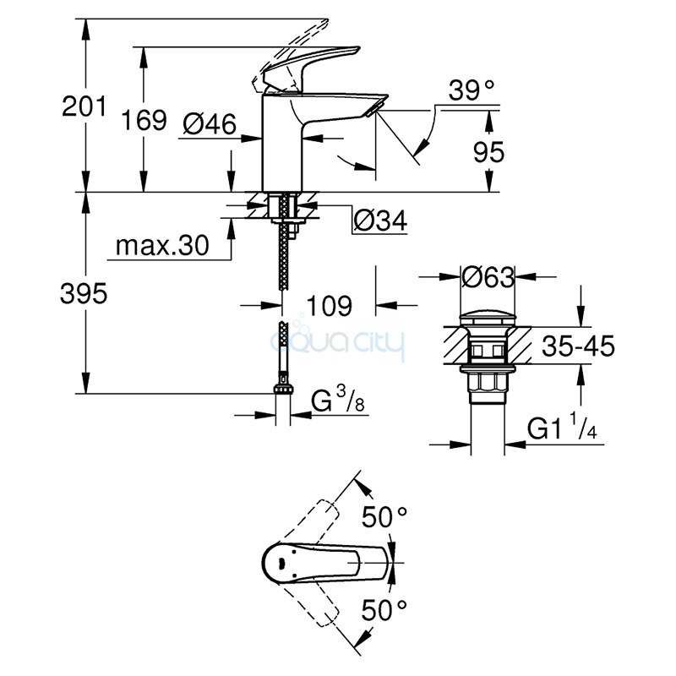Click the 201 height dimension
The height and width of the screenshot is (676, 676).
pyautogui.click(x=84, y=106)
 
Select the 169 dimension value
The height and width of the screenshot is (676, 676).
pyautogui.click(x=144, y=120)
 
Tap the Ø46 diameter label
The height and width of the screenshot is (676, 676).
pyautogui.click(x=210, y=124)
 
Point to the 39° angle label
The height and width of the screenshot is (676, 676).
pyautogui.click(x=471, y=90)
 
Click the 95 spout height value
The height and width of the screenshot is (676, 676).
pyautogui.click(x=488, y=152)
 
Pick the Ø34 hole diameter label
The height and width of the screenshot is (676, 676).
pyautogui.click(x=380, y=221)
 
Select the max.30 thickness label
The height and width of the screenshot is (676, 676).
pyautogui.click(x=162, y=246)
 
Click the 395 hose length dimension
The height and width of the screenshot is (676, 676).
pyautogui.click(x=84, y=294)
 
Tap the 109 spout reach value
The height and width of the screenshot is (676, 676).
pyautogui.click(x=329, y=306)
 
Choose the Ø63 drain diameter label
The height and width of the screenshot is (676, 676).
pyautogui.click(x=488, y=277)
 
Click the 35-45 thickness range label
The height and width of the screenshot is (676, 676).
pyautogui.click(x=578, y=346)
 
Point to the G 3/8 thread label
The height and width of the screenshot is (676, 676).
pyautogui.click(x=338, y=399)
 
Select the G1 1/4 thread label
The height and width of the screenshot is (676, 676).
pyautogui.click(x=562, y=426)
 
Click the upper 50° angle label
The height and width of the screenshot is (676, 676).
pyautogui.click(x=384, y=517)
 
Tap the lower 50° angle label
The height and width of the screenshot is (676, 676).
pyautogui.click(x=384, y=609)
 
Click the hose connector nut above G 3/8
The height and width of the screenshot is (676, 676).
pyautogui.click(x=283, y=389)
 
